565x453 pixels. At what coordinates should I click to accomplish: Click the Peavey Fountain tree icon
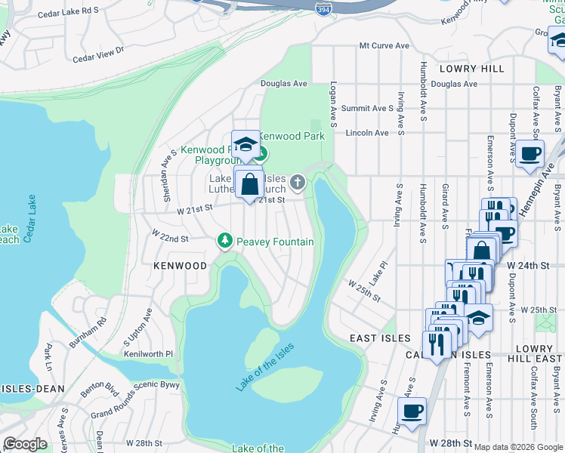pos(224,241)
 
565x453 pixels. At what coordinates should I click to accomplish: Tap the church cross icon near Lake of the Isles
pos(298,182)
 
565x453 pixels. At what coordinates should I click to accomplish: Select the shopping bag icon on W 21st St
pos(249,183)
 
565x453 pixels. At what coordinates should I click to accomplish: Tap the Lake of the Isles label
pos(264,367)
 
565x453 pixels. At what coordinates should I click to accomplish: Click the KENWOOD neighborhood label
pos(180,266)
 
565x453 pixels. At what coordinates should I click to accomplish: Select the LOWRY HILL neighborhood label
pos(475,69)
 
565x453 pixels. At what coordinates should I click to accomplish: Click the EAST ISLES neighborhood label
pos(380,338)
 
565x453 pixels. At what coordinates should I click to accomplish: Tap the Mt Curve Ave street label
pos(384,46)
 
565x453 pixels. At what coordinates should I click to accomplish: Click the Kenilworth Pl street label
pos(148,353)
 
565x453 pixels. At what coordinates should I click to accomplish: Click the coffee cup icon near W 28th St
pos(412,411)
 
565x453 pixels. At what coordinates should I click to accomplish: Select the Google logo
pos(25,444)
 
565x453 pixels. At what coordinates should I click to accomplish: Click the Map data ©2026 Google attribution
pos(518,447)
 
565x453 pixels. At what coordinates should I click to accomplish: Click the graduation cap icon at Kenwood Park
pos(245,144)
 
